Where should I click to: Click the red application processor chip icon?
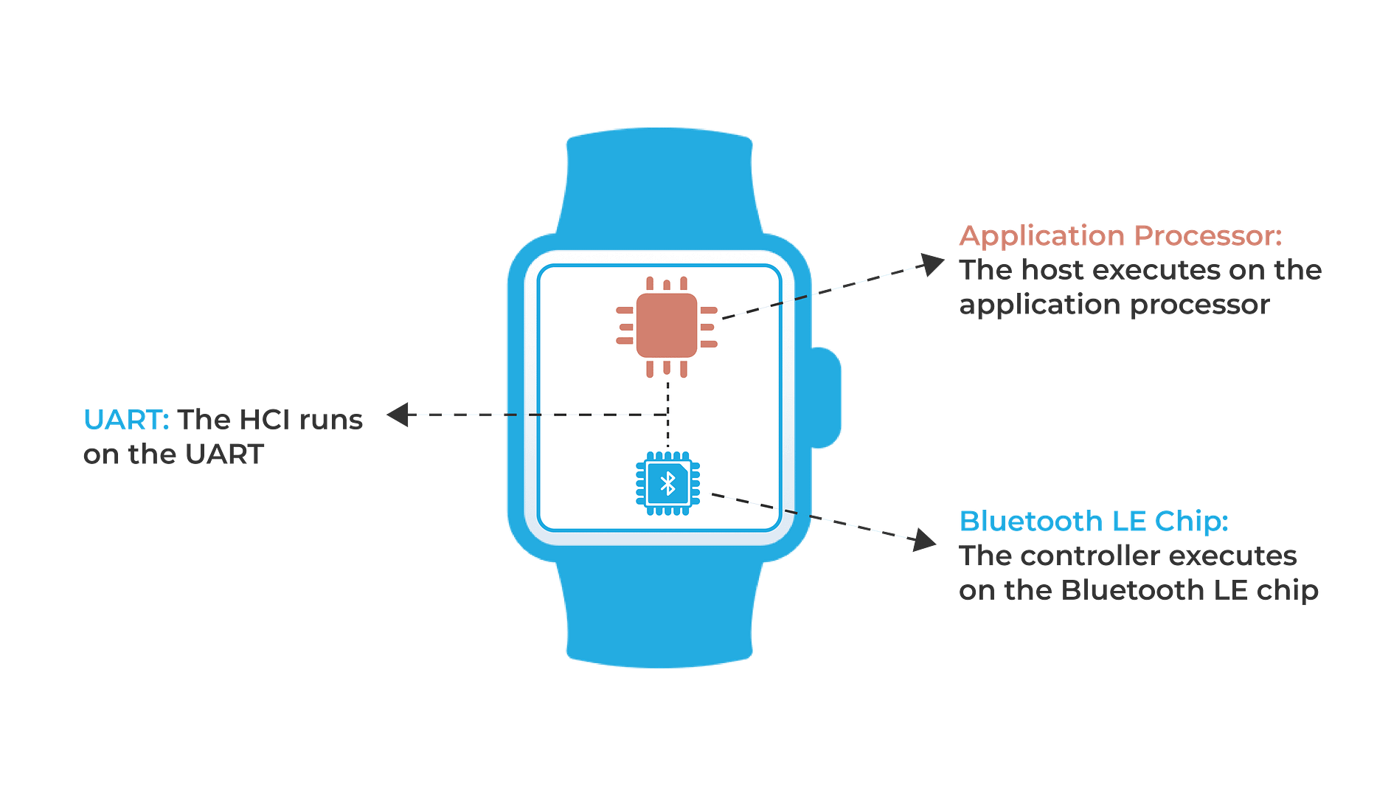coord(667,327)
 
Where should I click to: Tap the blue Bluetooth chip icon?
coord(667,484)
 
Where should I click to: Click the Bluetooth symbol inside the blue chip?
coord(667,484)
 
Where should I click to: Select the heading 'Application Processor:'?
coord(1120,236)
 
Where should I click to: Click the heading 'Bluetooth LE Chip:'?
coord(1094,521)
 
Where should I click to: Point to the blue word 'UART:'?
coord(126,419)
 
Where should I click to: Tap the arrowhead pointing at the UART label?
coord(398,415)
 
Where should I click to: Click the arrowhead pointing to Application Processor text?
coord(933,264)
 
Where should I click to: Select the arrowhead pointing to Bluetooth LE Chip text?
coord(925,540)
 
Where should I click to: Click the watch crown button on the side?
coord(826,398)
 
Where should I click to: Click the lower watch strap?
coord(659,612)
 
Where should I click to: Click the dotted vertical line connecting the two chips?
coord(667,415)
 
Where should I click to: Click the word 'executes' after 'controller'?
coord(1233,556)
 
